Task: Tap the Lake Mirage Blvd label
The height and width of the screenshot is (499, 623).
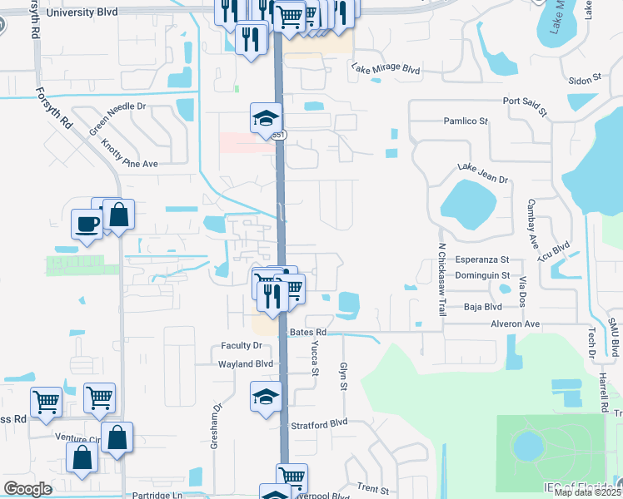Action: [x=385, y=69]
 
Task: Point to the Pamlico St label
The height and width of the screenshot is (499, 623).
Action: [x=465, y=121]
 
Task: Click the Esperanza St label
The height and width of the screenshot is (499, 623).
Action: [x=481, y=259]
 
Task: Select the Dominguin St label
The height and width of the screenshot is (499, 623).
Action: [x=482, y=274]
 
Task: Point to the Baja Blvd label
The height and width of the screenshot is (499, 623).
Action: [x=482, y=307]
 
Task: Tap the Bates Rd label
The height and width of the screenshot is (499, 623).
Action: [x=307, y=332]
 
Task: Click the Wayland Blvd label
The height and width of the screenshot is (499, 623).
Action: [x=246, y=364]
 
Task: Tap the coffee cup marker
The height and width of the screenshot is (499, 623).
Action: [x=87, y=223]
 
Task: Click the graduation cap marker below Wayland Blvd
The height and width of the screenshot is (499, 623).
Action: [x=266, y=396]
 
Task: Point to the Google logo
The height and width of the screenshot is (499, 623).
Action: [x=27, y=489]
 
